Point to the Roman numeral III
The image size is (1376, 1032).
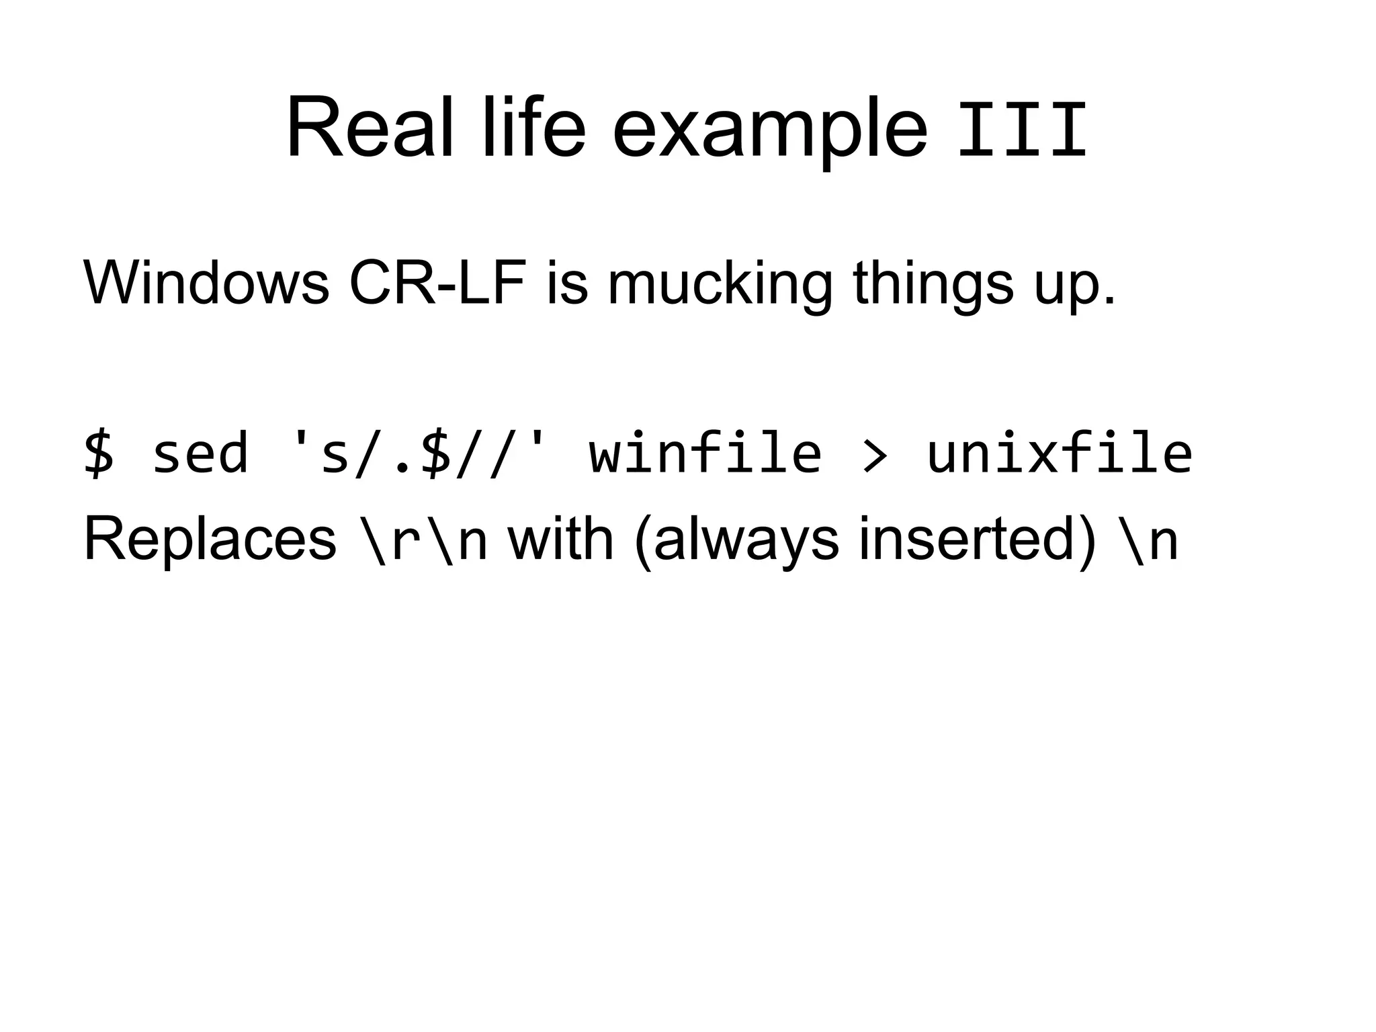coord(1021,131)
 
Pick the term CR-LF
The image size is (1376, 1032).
coord(437,282)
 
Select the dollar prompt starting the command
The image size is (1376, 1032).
coord(99,454)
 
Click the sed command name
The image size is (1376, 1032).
coord(200,454)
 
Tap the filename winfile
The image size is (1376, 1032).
coord(705,454)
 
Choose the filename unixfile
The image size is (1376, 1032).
coord(1059,454)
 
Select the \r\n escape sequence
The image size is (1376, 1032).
coord(424,541)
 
